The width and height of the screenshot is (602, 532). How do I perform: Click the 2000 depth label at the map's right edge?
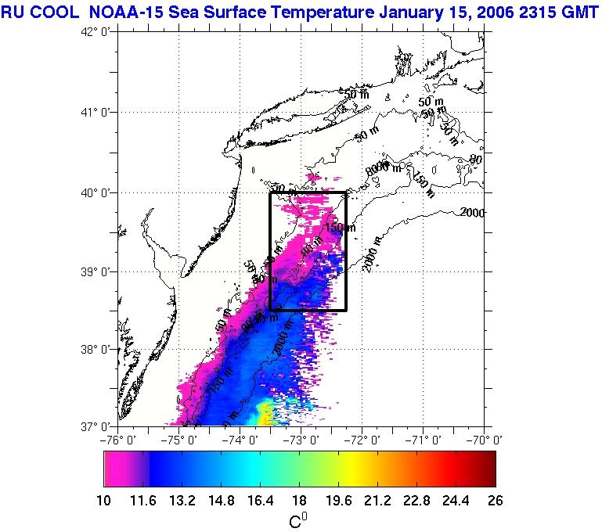[x=473, y=212]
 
